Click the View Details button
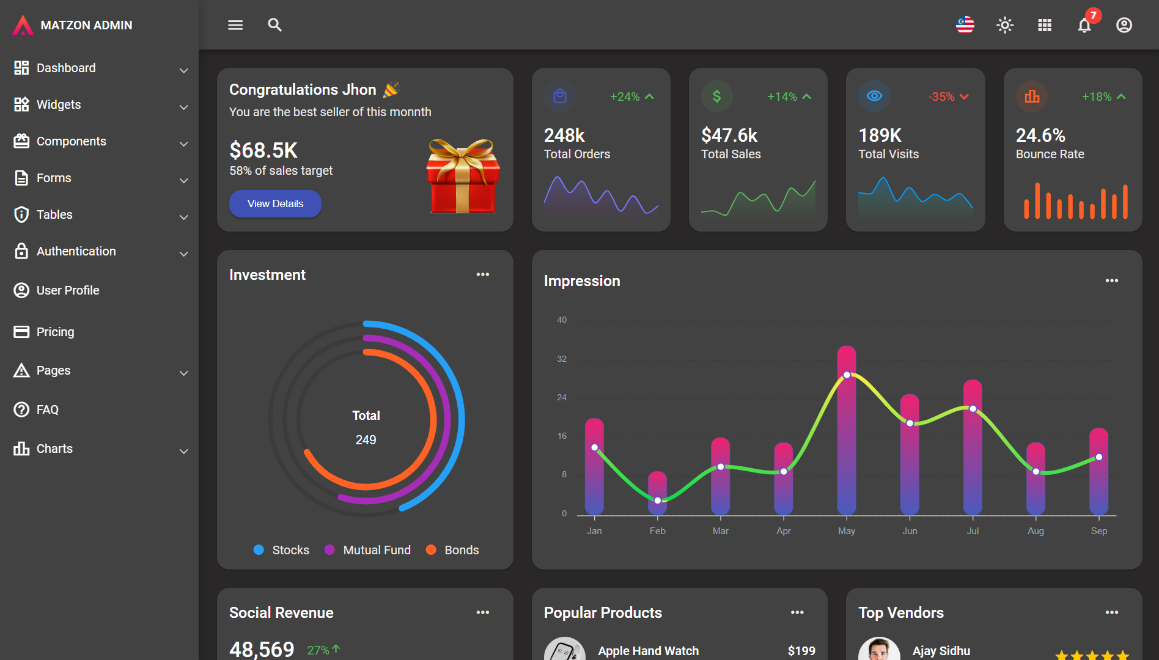(275, 204)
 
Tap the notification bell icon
(1084, 26)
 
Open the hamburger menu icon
(235, 25)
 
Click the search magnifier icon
(274, 25)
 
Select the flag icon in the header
(965, 25)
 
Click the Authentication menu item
(76, 251)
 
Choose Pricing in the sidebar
(55, 332)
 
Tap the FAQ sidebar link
(47, 409)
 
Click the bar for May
(847, 440)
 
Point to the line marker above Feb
(658, 501)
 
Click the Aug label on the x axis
(1036, 531)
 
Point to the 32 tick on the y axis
(562, 359)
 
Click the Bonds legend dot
(431, 550)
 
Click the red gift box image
(463, 177)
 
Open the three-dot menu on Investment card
(483, 274)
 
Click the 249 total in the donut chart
(366, 440)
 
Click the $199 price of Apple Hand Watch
(801, 651)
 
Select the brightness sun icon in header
(1004, 25)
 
